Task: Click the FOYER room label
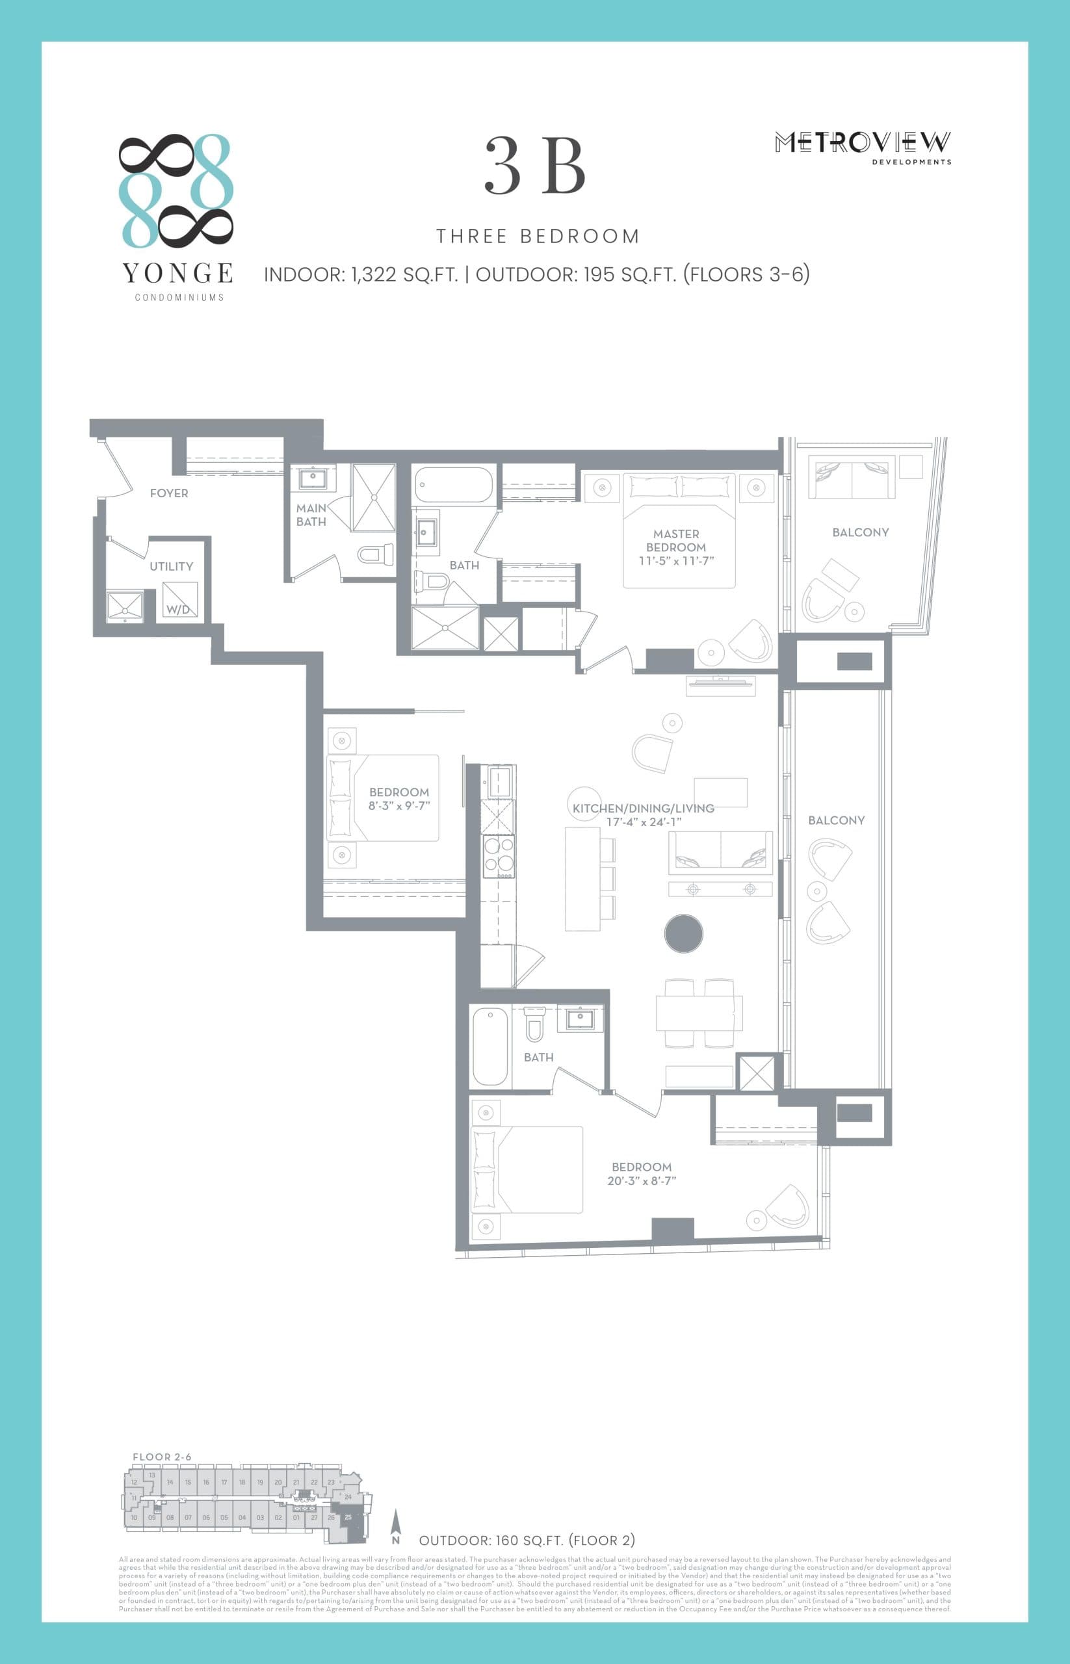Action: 169,493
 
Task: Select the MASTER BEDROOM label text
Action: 676,541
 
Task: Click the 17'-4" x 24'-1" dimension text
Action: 644,822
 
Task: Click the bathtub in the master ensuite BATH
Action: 454,485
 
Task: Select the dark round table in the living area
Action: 684,933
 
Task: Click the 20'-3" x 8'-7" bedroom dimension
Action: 642,1180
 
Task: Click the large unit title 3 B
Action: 535,167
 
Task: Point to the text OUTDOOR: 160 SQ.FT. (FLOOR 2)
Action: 527,1540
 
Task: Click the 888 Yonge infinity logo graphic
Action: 176,190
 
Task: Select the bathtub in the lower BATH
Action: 490,1047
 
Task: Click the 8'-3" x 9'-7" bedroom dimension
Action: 399,806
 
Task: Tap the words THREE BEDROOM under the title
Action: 537,236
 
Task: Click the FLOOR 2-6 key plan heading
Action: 162,1457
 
